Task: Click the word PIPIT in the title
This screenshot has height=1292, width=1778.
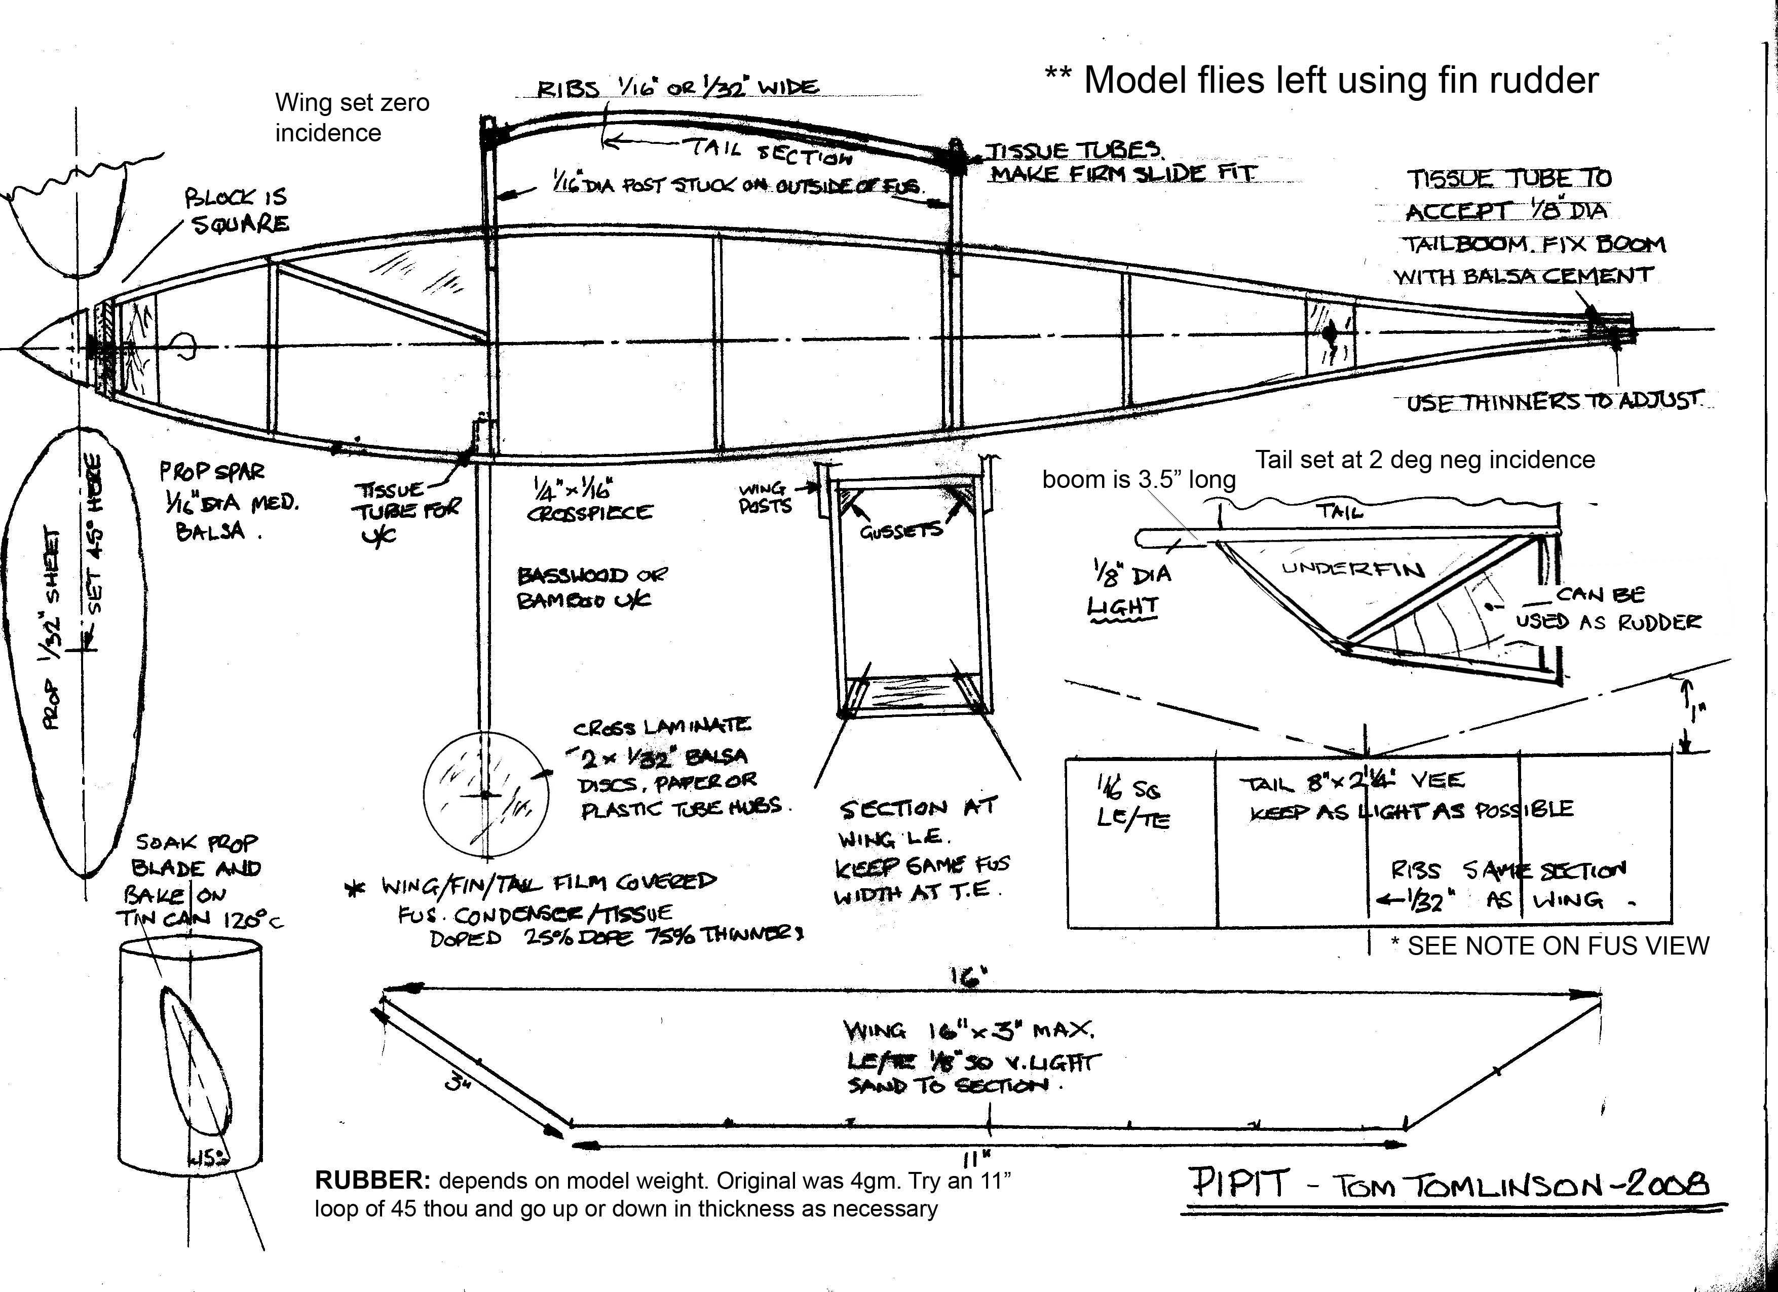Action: click(1239, 1183)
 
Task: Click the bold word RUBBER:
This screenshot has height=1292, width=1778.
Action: click(372, 1181)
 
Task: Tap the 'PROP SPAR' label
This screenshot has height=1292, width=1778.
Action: click(212, 472)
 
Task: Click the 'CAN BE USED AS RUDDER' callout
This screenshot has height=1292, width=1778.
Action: click(1607, 607)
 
